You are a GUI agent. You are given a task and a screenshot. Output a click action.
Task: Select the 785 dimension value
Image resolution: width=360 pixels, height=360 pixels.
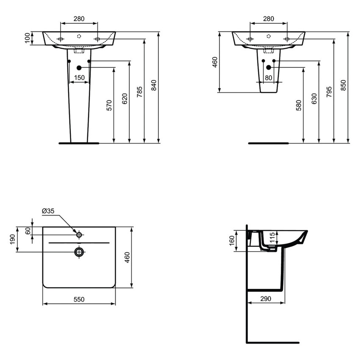(140, 92)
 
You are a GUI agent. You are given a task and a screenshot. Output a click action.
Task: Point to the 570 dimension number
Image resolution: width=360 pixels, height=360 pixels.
(109, 105)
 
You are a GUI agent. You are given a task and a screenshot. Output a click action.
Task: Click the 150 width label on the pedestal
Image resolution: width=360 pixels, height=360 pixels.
(79, 78)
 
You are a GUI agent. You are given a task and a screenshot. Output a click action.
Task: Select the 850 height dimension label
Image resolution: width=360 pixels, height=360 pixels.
(343, 85)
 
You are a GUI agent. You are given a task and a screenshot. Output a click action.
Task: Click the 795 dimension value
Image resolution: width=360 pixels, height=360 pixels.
(329, 92)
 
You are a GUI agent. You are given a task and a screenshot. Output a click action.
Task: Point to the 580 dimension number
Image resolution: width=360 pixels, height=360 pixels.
(299, 105)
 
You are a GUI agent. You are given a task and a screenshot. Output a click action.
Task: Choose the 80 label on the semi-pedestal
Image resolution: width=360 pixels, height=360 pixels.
(269, 78)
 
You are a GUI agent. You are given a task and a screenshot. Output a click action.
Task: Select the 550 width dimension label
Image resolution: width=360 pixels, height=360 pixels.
(79, 299)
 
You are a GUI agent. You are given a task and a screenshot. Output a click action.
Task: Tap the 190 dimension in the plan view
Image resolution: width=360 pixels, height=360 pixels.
(12, 239)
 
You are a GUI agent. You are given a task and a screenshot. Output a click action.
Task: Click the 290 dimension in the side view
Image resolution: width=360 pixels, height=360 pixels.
(266, 299)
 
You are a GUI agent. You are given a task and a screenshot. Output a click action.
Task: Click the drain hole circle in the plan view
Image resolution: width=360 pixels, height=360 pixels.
(79, 252)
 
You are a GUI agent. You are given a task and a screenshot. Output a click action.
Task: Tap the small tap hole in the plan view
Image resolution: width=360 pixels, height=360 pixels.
(79, 235)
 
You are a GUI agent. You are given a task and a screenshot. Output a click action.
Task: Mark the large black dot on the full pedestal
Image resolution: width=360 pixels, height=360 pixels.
(79, 68)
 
